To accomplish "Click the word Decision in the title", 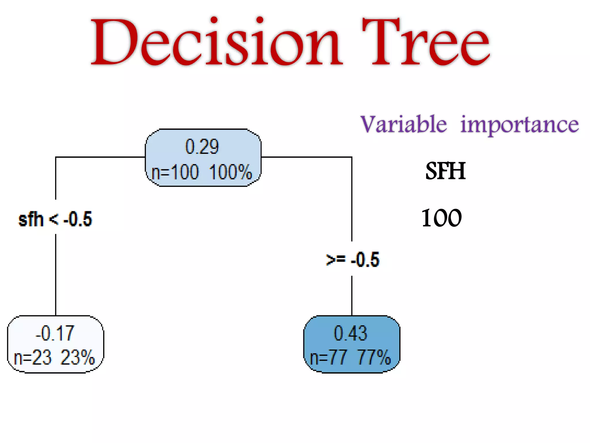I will pos(216,42).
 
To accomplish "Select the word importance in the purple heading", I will pos(519,125).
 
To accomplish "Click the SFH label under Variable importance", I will pos(445,171).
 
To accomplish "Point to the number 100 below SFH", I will pos(442,218).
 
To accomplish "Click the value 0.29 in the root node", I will pos(202,147).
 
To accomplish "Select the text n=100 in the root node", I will pos(175,172).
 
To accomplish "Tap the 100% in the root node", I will pos(230,172).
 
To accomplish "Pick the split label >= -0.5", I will pos(353,259).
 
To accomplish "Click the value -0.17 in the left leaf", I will pos(55,333).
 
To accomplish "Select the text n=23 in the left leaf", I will pos(33,358).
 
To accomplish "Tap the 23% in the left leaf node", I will pos(78,358).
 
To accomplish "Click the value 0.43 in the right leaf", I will pos(351,333).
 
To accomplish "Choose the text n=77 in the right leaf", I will pos(328,358).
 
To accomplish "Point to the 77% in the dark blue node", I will pos(374,358).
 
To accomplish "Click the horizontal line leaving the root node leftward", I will pos(101,157).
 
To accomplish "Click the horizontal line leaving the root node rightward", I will pos(305,157).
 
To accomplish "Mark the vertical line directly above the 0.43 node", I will pos(352,296).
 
